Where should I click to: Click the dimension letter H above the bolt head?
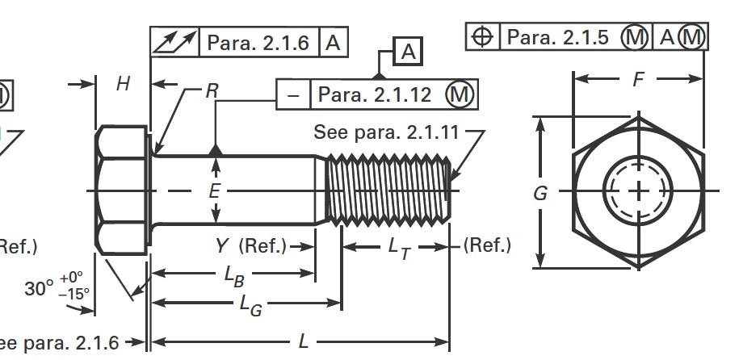[123, 84]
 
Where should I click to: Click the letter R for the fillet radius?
[212, 91]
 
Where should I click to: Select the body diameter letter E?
[215, 191]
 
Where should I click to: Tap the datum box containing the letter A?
[409, 52]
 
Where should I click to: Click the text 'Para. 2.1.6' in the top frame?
[258, 43]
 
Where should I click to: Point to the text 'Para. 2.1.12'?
[375, 94]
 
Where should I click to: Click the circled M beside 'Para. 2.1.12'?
[460, 94]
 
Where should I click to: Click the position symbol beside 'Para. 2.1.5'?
[484, 36]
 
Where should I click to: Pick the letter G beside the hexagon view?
[540, 193]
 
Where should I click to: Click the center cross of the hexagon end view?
[638, 191]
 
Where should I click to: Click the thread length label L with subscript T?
[396, 247]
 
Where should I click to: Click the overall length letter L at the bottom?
[303, 341]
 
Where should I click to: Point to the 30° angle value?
[39, 287]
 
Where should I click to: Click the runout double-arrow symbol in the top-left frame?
[175, 43]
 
